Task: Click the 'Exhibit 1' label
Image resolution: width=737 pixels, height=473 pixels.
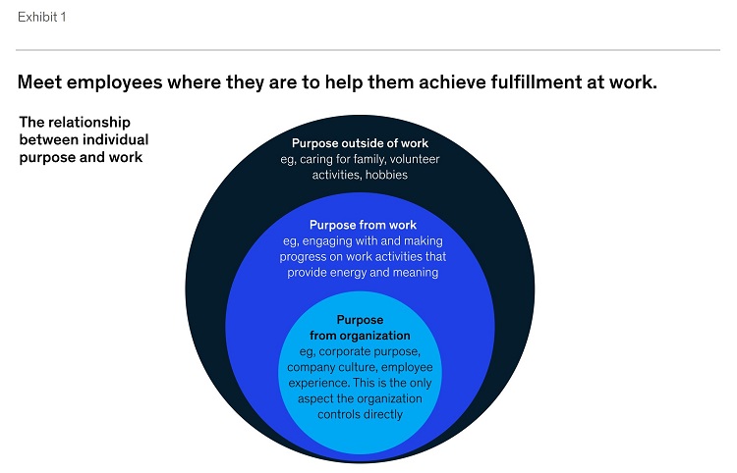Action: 42,17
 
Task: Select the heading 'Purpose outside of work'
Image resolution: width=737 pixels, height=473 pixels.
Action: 360,143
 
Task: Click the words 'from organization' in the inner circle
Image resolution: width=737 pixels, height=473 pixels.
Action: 360,336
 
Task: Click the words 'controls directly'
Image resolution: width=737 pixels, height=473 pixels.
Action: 360,414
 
